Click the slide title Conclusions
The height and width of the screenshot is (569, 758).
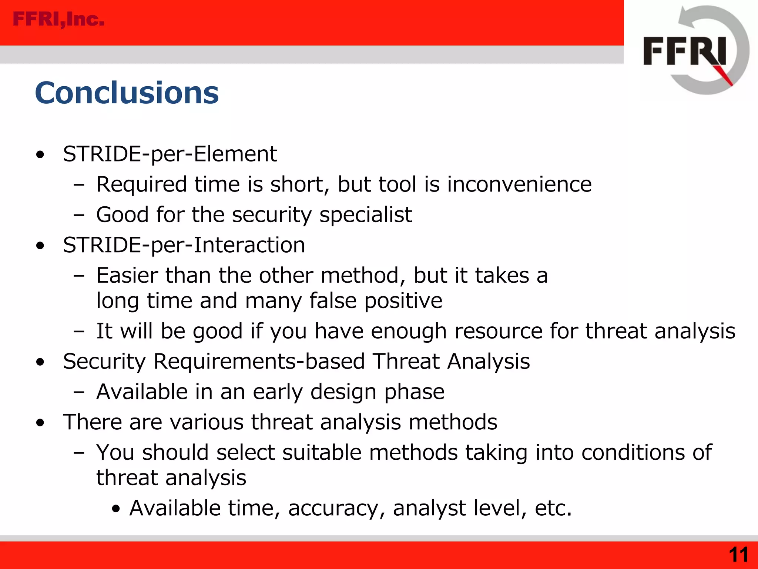127,93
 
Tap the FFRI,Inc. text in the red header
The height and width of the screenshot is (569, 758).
58,19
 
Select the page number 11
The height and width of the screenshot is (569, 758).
738,555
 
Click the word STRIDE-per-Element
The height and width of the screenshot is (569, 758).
170,154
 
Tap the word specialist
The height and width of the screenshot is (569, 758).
366,215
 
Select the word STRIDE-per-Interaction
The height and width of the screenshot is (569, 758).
184,245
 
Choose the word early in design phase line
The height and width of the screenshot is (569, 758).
278,392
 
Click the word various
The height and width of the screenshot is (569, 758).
207,422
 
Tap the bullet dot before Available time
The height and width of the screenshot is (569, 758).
116,509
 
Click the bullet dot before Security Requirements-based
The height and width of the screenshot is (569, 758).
40,362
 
